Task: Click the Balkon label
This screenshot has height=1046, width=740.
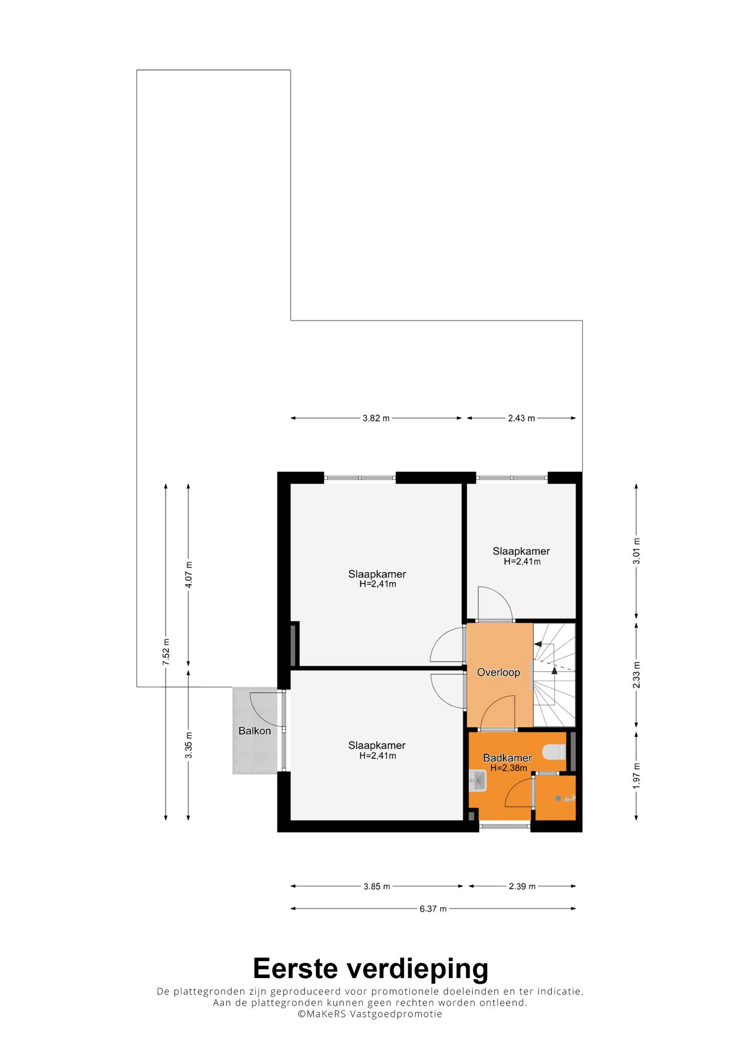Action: tap(255, 731)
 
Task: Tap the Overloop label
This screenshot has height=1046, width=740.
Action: tap(498, 673)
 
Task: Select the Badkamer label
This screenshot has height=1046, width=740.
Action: tap(507, 758)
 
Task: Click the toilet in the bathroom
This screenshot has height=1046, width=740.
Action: tap(553, 752)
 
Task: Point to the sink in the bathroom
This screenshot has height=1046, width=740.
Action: tap(478, 780)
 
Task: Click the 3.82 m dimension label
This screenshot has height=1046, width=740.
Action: tap(376, 418)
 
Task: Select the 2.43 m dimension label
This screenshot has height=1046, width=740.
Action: tap(521, 418)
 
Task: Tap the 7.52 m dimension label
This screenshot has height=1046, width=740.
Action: tap(166, 652)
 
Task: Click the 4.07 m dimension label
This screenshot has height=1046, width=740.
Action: tap(189, 575)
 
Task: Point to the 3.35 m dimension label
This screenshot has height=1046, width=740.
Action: tap(189, 746)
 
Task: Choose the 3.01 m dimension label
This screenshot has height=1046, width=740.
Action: tap(636, 551)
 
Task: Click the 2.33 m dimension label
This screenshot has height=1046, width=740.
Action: tap(636, 675)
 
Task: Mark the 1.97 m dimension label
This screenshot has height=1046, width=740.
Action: tap(636, 775)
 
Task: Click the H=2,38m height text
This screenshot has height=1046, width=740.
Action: tap(508, 768)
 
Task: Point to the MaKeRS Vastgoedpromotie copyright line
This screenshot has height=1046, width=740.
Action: tap(370, 1014)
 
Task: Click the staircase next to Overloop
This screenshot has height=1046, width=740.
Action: tap(554, 675)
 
